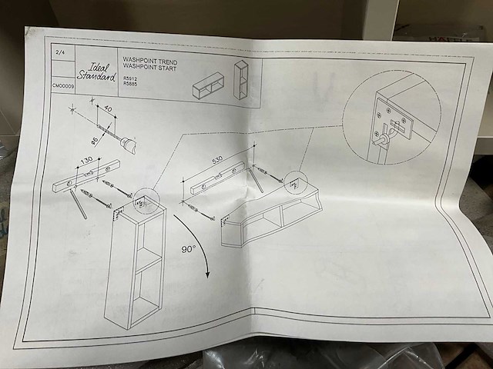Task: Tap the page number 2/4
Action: (x=59, y=53)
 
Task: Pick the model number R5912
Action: (x=129, y=78)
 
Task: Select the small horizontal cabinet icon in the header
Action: (x=206, y=85)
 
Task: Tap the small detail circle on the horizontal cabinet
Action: (x=294, y=184)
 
